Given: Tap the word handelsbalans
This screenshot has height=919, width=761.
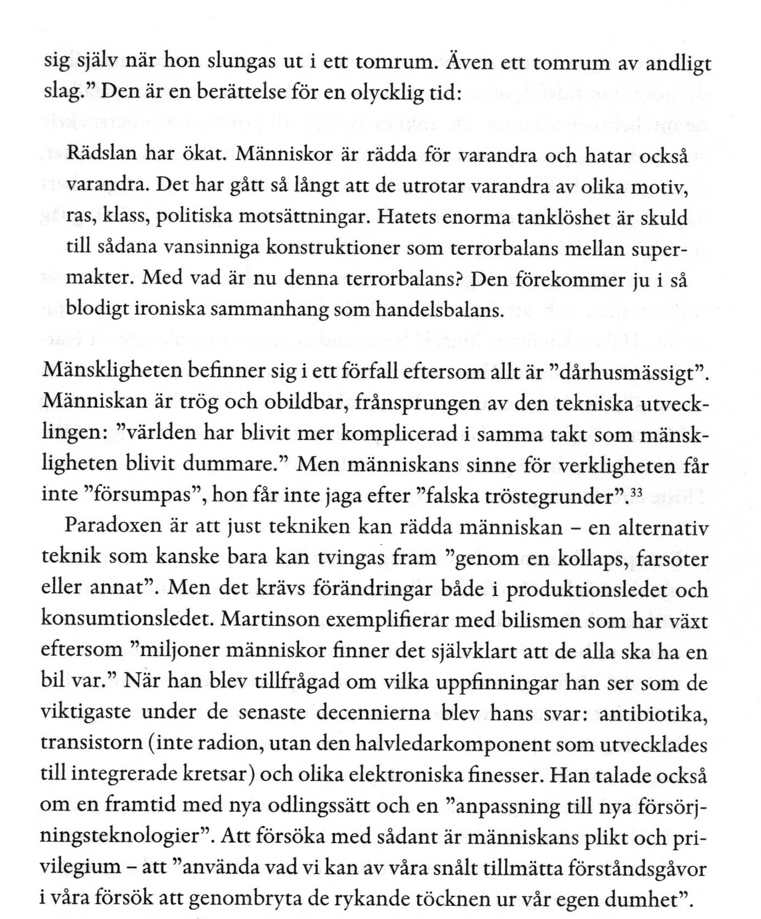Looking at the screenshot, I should point(439,310).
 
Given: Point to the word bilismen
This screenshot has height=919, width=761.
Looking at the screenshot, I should point(532,621).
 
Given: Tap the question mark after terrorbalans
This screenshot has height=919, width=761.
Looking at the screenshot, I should point(462,279).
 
